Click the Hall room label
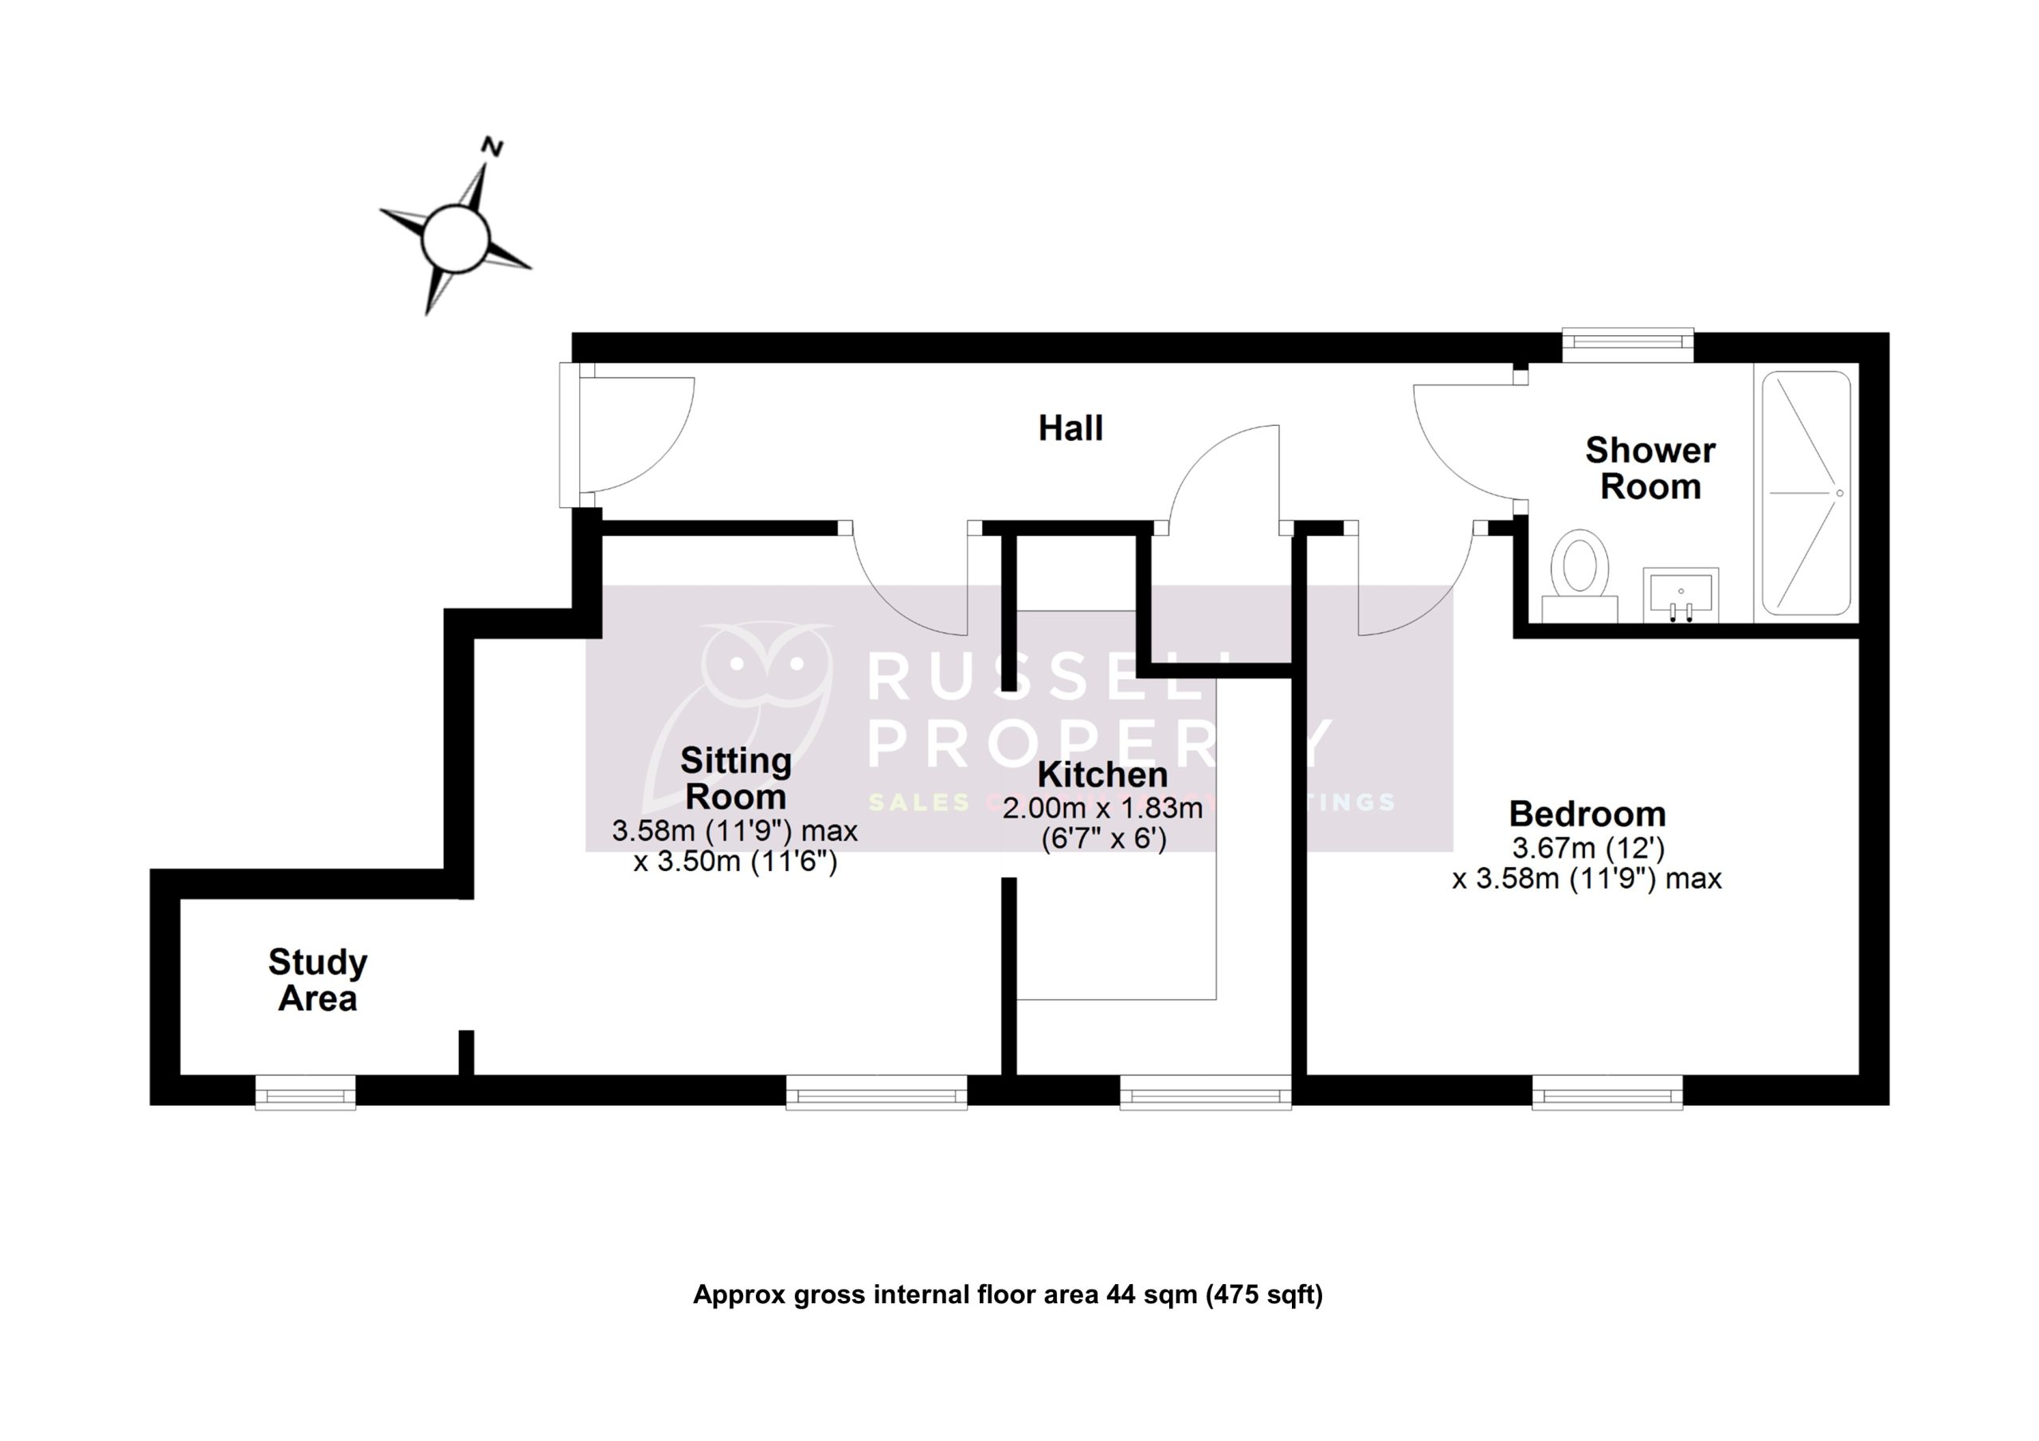point(1070,428)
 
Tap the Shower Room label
point(1650,469)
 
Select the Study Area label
point(317,979)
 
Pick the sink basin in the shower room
point(1681,593)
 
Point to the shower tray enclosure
point(1806,493)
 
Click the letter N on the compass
point(492,146)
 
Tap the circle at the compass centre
point(455,238)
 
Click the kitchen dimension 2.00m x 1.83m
point(1102,808)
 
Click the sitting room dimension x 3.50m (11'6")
point(735,861)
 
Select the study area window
point(306,1092)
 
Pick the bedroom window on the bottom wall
point(1607,1092)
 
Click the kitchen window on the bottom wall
point(1205,1092)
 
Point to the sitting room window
point(876,1092)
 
